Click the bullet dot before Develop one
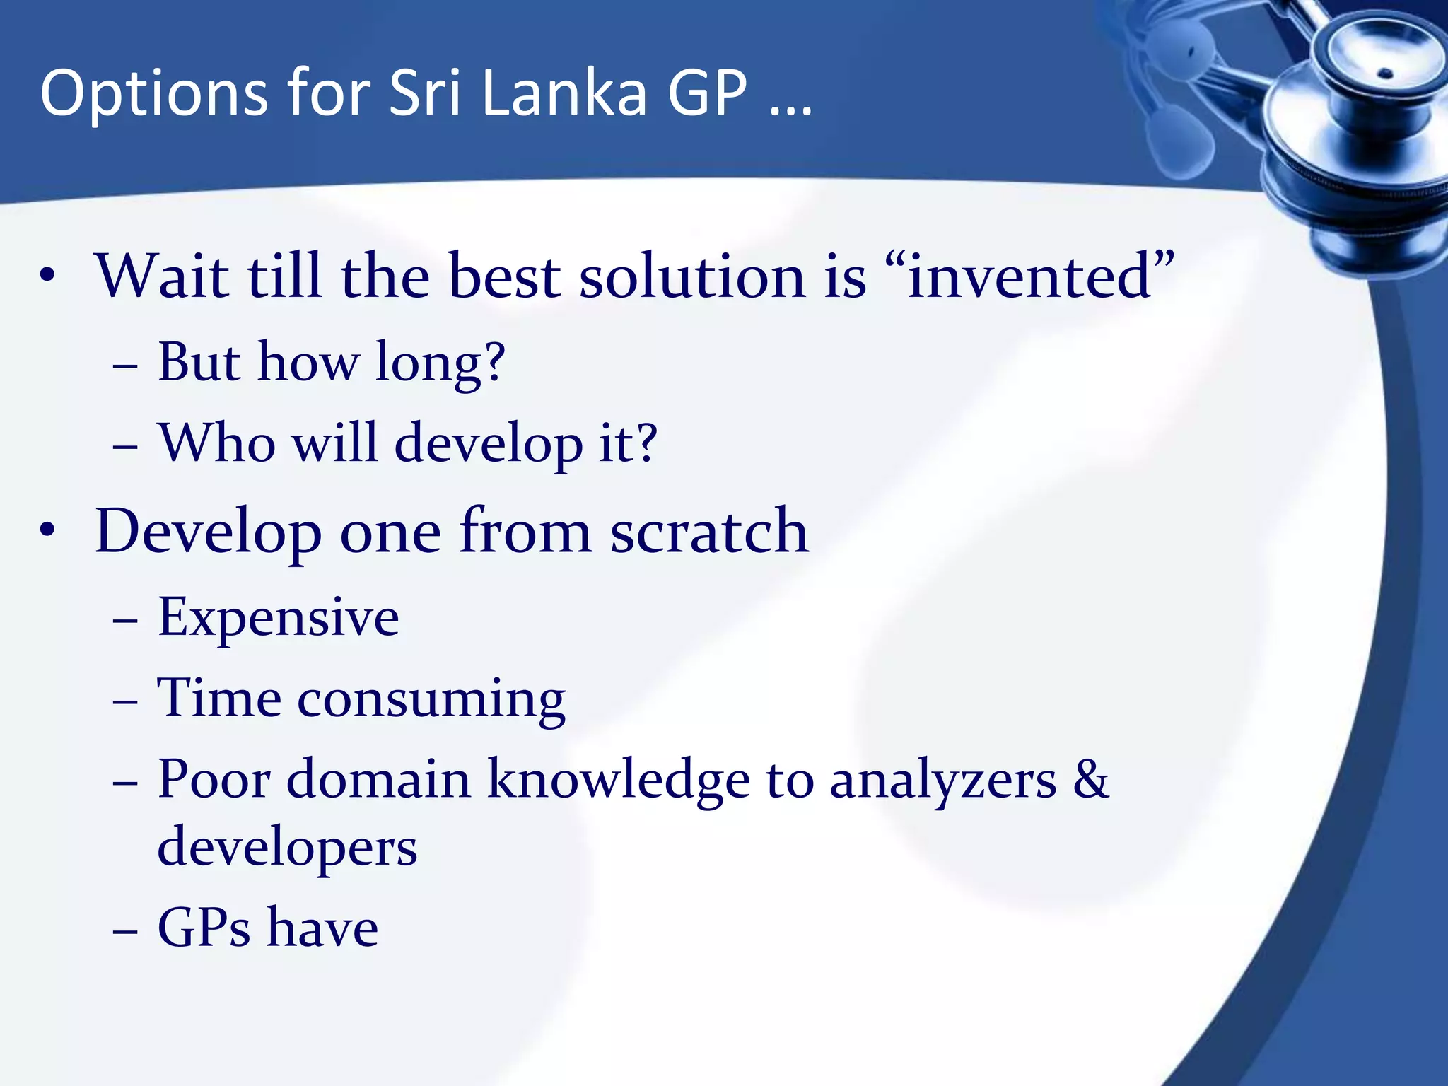[x=47, y=531]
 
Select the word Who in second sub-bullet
[x=217, y=443]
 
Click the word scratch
[x=708, y=531]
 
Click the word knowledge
[x=619, y=780]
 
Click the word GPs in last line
[x=204, y=928]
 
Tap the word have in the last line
[x=323, y=928]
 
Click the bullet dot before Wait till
[x=47, y=276]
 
